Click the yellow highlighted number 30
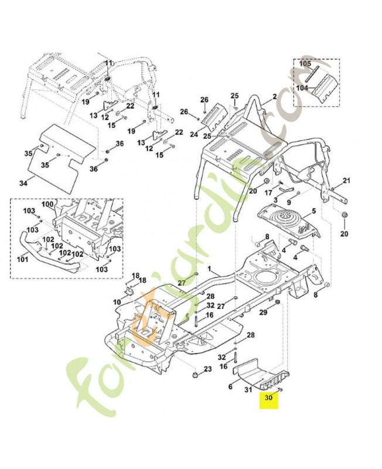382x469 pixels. point(269,397)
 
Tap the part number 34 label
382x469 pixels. point(23,182)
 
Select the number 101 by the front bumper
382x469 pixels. point(22,259)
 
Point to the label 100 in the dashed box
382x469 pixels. point(47,204)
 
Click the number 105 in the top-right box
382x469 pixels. point(305,64)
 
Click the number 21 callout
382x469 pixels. point(346,181)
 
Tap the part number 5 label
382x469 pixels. point(314,211)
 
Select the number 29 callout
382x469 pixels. point(263,312)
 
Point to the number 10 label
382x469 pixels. point(118,303)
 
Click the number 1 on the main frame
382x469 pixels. point(210,269)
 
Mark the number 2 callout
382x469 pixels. point(274,96)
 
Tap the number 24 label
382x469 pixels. point(194,134)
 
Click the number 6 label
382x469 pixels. point(230,386)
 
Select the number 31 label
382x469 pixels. point(248,389)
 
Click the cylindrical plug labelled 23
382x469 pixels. point(195,375)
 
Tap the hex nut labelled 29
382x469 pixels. point(277,302)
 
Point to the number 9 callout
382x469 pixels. point(289,202)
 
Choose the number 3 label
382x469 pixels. point(275,199)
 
